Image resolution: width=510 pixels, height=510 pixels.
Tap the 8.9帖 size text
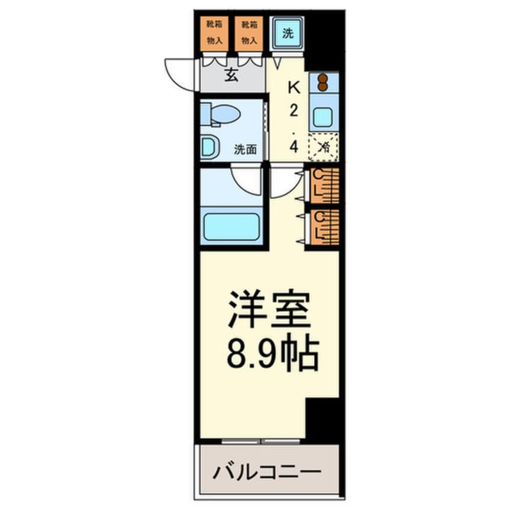click(272, 356)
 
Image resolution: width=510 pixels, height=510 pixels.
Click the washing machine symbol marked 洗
click(288, 34)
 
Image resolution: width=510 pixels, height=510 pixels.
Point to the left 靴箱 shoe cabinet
click(214, 33)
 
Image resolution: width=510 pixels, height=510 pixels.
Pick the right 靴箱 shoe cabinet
click(248, 33)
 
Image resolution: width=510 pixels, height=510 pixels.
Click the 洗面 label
click(245, 149)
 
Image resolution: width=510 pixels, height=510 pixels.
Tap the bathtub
click(231, 226)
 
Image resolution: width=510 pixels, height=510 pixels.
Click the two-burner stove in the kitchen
click(323, 81)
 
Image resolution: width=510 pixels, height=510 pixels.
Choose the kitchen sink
click(323, 116)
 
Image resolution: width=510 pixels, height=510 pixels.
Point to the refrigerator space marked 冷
click(323, 146)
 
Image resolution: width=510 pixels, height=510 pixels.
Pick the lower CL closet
click(324, 227)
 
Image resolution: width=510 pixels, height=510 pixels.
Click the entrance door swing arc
click(179, 75)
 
